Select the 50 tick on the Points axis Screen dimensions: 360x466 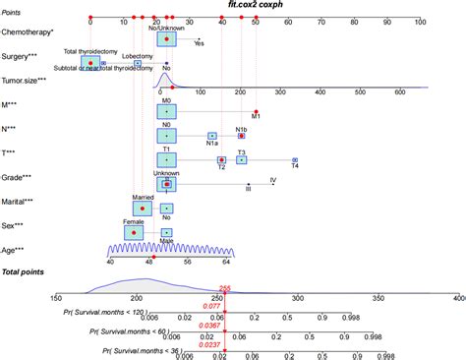click(256, 20)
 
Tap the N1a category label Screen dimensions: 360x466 click(211, 144)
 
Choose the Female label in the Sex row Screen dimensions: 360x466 click(133, 221)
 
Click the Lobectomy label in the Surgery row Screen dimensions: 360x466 click(138, 56)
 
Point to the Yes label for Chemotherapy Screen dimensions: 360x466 click(200, 43)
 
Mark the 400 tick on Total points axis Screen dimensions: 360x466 click(458, 296)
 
